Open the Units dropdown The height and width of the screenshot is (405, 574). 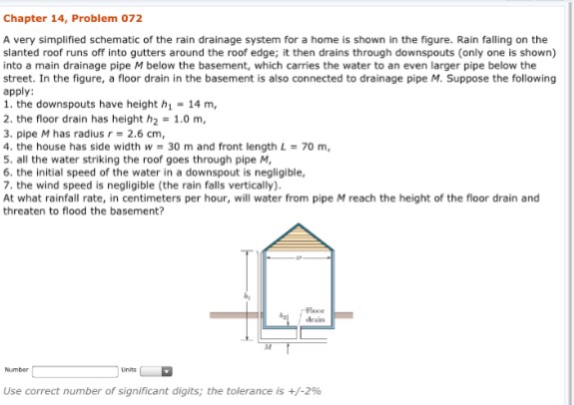157,370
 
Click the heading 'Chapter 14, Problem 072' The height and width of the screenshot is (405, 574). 73,18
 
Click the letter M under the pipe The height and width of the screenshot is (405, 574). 268,349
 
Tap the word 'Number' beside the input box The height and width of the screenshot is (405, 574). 17,369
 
